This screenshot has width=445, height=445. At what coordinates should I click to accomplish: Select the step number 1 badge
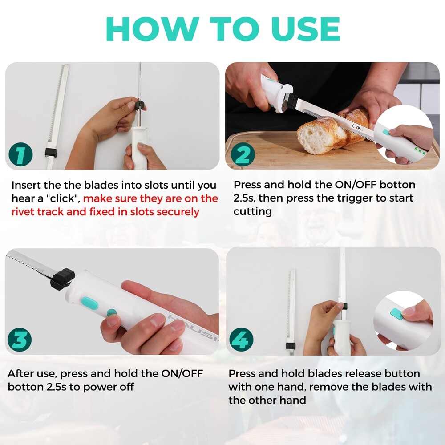[20, 155]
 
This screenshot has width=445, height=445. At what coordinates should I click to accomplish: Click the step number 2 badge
[243, 155]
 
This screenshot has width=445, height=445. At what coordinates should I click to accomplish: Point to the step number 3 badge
[20, 340]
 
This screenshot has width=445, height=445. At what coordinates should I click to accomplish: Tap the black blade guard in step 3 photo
[62, 279]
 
